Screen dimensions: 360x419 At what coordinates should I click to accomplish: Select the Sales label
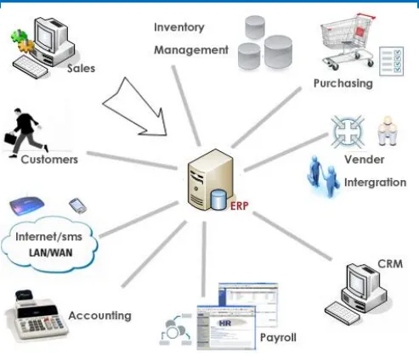click(x=81, y=69)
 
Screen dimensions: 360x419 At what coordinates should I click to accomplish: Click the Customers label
click(x=49, y=159)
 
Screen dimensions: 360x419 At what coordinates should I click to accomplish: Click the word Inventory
click(x=179, y=27)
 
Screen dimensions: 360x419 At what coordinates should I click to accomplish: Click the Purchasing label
click(x=343, y=83)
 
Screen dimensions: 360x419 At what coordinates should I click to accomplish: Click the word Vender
click(x=365, y=159)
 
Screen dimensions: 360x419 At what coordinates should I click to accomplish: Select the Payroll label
click(x=278, y=338)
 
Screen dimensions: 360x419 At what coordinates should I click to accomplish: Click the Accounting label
click(x=99, y=316)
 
